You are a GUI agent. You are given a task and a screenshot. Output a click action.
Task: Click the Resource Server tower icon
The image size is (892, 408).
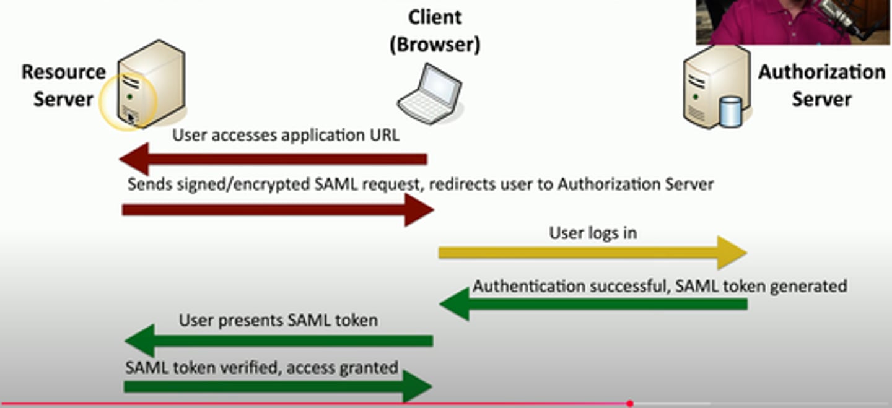pos(152,84)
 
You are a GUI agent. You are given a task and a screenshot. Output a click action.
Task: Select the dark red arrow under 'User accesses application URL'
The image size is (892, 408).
pos(273,159)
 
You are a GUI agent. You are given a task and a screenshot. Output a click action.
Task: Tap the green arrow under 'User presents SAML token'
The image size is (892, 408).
pos(279,341)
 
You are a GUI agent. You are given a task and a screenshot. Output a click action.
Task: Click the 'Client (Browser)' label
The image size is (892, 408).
pos(435,30)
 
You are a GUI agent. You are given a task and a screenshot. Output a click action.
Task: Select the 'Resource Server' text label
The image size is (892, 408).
pos(63,85)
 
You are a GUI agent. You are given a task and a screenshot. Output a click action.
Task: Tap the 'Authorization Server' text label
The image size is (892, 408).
pos(821,85)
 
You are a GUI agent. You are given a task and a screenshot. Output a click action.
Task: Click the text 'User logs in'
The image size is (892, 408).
pos(593,233)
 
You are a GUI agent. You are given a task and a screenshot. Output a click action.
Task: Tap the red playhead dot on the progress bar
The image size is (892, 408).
pos(629,404)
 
